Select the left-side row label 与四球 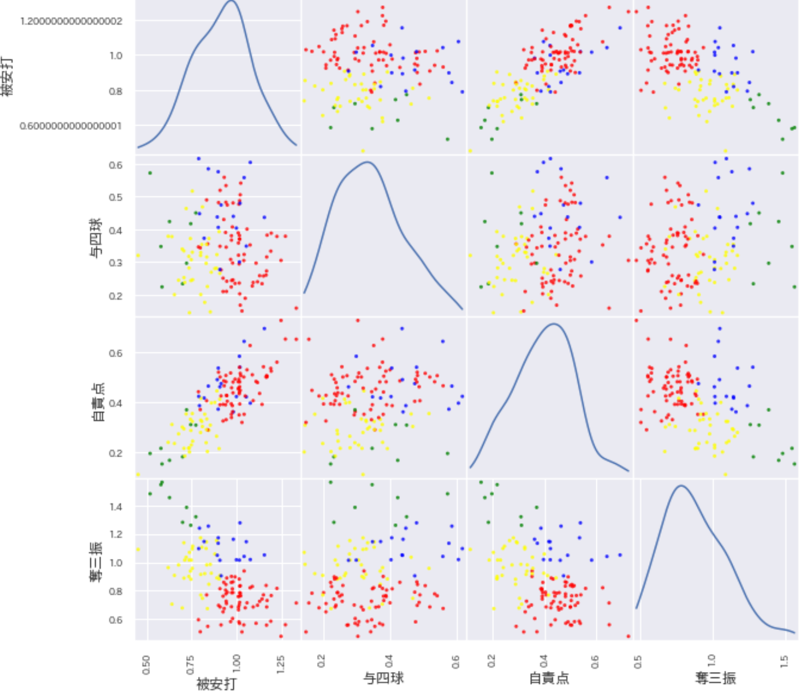click(x=96, y=238)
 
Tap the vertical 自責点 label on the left click(x=98, y=402)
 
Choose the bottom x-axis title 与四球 click(x=383, y=678)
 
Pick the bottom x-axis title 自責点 click(x=549, y=678)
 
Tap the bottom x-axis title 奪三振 click(x=715, y=678)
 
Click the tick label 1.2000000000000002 click(x=71, y=21)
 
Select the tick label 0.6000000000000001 click(x=71, y=126)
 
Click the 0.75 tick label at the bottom click(x=190, y=664)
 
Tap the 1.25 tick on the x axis click(x=281, y=664)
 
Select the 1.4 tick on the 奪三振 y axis click(x=116, y=506)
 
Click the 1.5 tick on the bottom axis click(x=785, y=661)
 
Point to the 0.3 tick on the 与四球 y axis click(x=116, y=263)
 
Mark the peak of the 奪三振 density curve click(x=681, y=485)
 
